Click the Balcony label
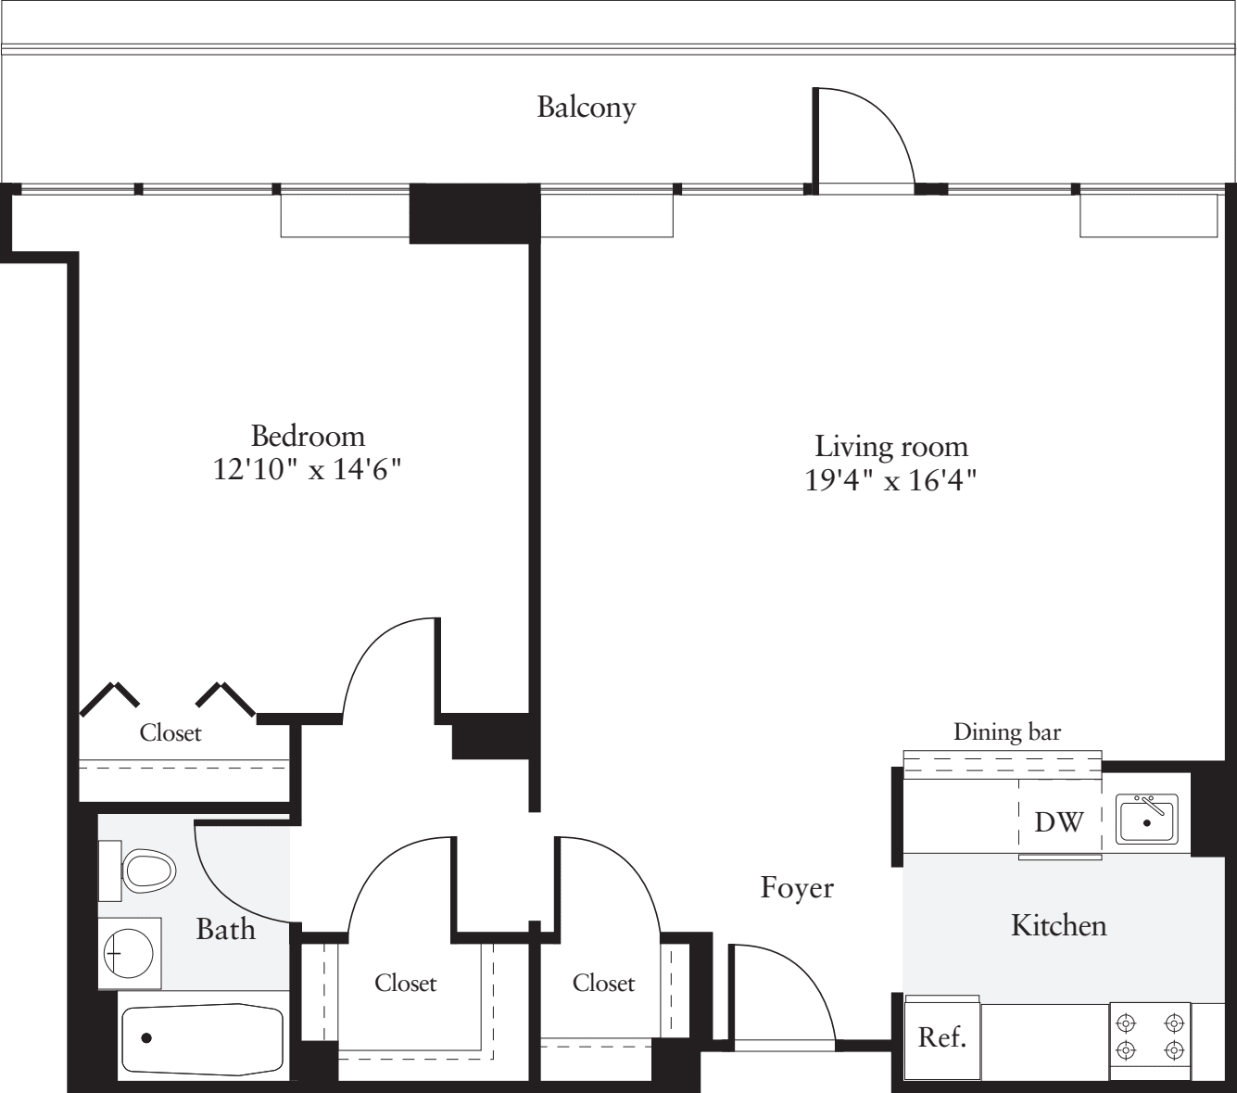tap(587, 108)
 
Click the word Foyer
tap(797, 888)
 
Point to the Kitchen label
tap(1058, 925)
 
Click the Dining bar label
tap(1007, 732)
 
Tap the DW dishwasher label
tap(1058, 821)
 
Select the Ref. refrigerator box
tap(942, 1037)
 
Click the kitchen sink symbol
tap(1146, 819)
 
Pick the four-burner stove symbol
tap(1150, 1036)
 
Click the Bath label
tap(225, 929)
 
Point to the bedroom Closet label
tap(170, 733)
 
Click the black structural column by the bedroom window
tap(474, 213)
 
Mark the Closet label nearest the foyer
tap(603, 983)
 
